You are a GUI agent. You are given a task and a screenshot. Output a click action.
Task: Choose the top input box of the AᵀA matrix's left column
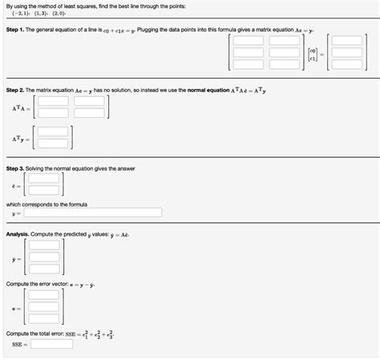click(x=53, y=101)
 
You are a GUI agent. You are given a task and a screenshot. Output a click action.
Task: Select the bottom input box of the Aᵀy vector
click(x=52, y=144)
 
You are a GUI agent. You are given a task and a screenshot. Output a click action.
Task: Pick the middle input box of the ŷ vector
click(x=43, y=258)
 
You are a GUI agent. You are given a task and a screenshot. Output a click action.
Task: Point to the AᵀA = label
click(x=21, y=107)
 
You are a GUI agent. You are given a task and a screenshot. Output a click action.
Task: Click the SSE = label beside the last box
click(x=19, y=345)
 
